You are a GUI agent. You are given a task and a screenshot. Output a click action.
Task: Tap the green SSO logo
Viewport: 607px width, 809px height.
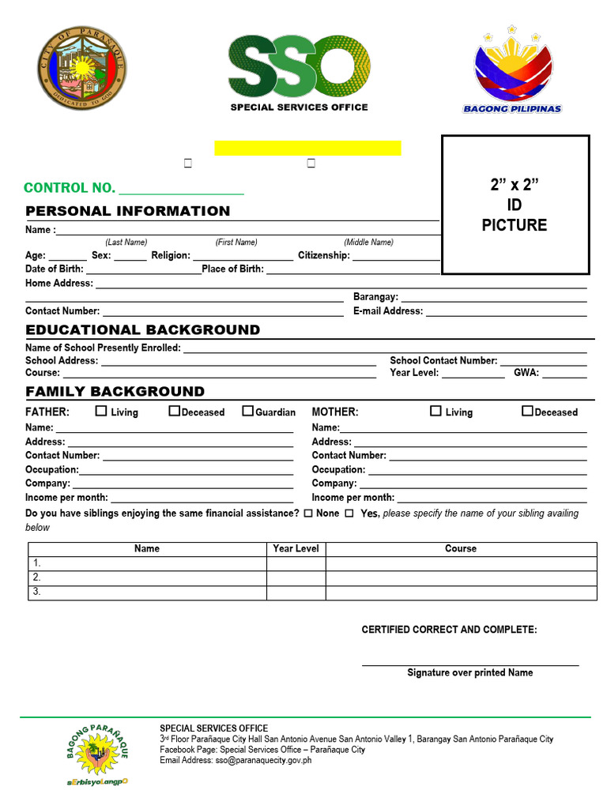299,67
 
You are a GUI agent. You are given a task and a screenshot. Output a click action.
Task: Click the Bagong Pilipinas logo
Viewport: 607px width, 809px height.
512,71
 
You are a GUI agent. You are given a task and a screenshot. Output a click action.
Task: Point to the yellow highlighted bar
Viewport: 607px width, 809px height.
307,148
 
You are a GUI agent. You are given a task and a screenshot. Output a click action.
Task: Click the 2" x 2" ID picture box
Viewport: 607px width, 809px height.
515,205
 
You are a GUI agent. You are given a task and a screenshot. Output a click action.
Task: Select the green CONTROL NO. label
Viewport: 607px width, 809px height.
70,188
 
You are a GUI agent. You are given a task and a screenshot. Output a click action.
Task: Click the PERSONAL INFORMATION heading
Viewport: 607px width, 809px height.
128,211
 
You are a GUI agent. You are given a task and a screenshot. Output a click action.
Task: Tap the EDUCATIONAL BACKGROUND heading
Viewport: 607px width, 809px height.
142,330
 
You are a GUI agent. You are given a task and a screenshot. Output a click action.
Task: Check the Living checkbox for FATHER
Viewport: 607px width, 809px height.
101,411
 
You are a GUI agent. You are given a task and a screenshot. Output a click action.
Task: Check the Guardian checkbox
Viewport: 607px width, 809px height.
247,411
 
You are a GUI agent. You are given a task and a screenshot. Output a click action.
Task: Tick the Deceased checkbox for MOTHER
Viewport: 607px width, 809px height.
527,411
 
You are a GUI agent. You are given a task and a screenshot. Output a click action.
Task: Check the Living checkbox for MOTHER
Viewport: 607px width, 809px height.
435,411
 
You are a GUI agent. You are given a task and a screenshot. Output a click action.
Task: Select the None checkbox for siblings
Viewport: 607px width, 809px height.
307,514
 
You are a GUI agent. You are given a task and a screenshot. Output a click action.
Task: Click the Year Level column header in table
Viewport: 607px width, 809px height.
296,548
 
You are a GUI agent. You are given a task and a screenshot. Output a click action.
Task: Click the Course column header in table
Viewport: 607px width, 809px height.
461,548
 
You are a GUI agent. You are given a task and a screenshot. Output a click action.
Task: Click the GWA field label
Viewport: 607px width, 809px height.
526,373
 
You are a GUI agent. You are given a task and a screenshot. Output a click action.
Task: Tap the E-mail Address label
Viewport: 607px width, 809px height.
388,311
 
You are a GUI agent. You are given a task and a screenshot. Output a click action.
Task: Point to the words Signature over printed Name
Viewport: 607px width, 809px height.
469,673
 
